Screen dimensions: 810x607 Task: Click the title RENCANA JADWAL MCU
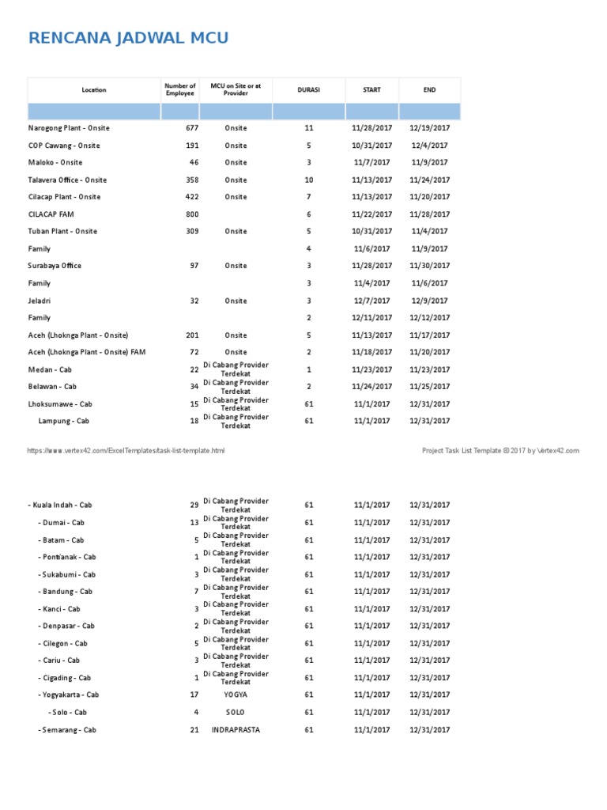[x=128, y=38]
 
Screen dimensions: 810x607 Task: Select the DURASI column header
[x=308, y=90]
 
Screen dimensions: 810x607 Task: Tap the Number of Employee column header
[x=179, y=90]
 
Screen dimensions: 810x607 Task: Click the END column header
[x=429, y=90]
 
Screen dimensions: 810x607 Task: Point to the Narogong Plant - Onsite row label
[x=69, y=128]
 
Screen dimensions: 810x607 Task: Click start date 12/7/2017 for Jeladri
[x=371, y=301]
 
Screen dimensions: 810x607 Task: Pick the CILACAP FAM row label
[x=51, y=214]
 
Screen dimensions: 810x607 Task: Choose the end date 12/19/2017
[x=429, y=128]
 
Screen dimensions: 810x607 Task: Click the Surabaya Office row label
[x=55, y=266]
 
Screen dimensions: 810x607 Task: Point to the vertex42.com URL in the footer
[x=126, y=451]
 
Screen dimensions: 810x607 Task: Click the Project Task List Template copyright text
[x=500, y=451]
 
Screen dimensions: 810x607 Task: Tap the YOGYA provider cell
[x=236, y=695]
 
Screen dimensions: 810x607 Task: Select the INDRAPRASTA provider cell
[x=236, y=730]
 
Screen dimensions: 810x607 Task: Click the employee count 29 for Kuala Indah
[x=194, y=505]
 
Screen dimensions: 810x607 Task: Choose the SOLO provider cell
[x=236, y=713]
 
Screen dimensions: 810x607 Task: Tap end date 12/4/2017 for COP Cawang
[x=429, y=146]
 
